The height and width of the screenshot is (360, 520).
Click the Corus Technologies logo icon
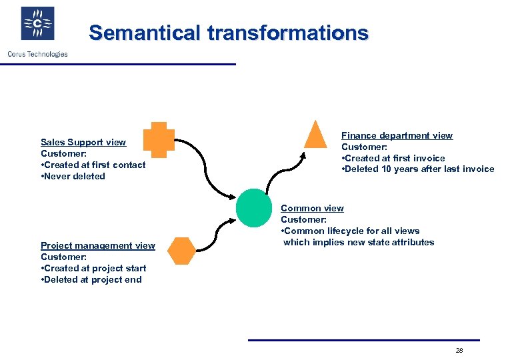tap(37, 24)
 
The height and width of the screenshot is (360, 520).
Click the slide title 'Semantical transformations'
tap(228, 33)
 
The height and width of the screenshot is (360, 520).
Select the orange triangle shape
tap(316, 134)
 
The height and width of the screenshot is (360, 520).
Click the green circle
tap(255, 207)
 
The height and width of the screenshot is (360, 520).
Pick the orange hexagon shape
tap(181, 251)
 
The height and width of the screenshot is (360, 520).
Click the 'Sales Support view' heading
tap(83, 142)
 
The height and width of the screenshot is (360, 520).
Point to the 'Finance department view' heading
tap(397, 135)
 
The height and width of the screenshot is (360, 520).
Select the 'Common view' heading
tap(312, 208)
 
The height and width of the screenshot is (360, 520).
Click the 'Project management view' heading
tap(97, 245)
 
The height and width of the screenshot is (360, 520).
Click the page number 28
tap(459, 350)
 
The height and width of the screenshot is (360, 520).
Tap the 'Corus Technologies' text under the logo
tap(37, 54)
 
